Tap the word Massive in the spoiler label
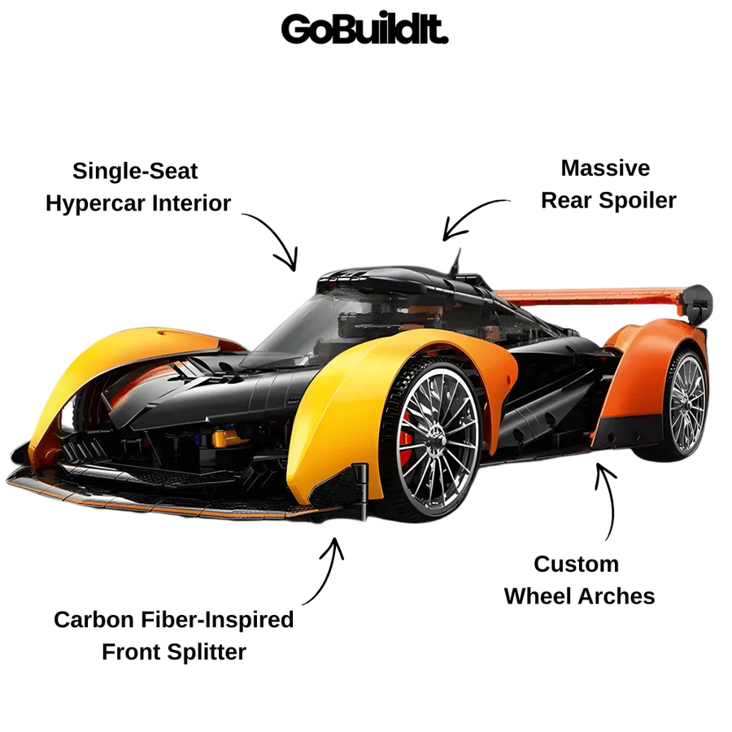pos(605,168)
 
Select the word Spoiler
pos(637,201)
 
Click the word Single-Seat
pos(135,172)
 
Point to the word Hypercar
pos(95,204)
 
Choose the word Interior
pos(191,203)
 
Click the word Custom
pos(576,564)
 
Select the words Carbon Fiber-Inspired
pos(174,620)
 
